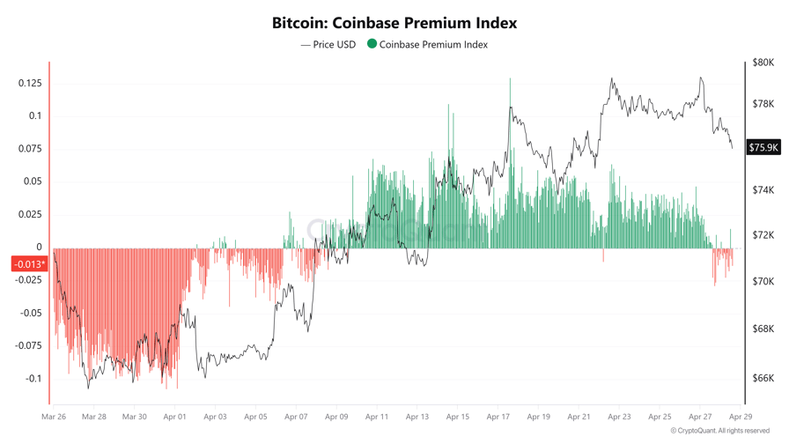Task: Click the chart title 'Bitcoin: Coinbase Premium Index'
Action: pyautogui.click(x=394, y=23)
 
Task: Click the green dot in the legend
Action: pyautogui.click(x=372, y=43)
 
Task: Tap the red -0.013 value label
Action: pyautogui.click(x=29, y=263)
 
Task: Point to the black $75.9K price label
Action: pyautogui.click(x=763, y=147)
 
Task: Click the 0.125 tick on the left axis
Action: pyautogui.click(x=30, y=83)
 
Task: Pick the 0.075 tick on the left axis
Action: pyautogui.click(x=30, y=149)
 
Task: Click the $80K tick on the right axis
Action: pyautogui.click(x=763, y=63)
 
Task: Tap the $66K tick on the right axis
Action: pyautogui.click(x=763, y=379)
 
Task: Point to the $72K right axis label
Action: pyautogui.click(x=763, y=235)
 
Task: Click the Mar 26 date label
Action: pyautogui.click(x=54, y=417)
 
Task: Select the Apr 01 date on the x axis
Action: pyautogui.click(x=175, y=417)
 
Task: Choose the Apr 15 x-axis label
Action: pyautogui.click(x=457, y=417)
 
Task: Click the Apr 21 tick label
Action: pyautogui.click(x=579, y=417)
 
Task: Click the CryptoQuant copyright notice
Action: pyautogui.click(x=720, y=431)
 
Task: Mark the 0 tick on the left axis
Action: pyautogui.click(x=39, y=248)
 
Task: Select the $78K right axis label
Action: pyautogui.click(x=763, y=104)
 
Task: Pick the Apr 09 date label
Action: pyautogui.click(x=336, y=417)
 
